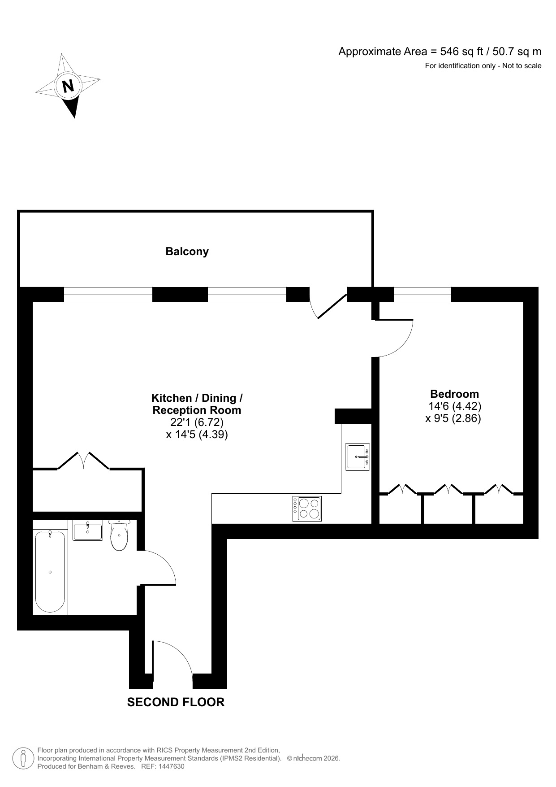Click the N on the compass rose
coord(68,86)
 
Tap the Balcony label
coord(187,252)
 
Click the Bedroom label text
coord(454,394)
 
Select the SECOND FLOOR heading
coord(176,702)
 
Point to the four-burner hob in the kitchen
coord(307,509)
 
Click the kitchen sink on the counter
coord(358,457)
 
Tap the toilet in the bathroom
coord(119,536)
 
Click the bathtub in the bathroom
coord(50,572)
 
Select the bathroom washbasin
coord(88,531)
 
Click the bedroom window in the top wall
coord(422,295)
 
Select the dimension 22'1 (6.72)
coord(197,422)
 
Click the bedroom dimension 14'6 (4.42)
coord(454,406)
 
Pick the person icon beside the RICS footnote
coord(22,758)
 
